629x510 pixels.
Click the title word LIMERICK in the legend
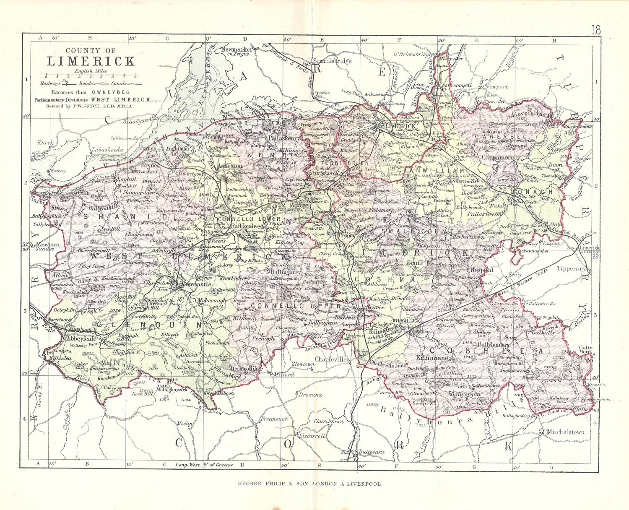tap(91, 61)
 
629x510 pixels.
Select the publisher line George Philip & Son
tap(309, 484)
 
